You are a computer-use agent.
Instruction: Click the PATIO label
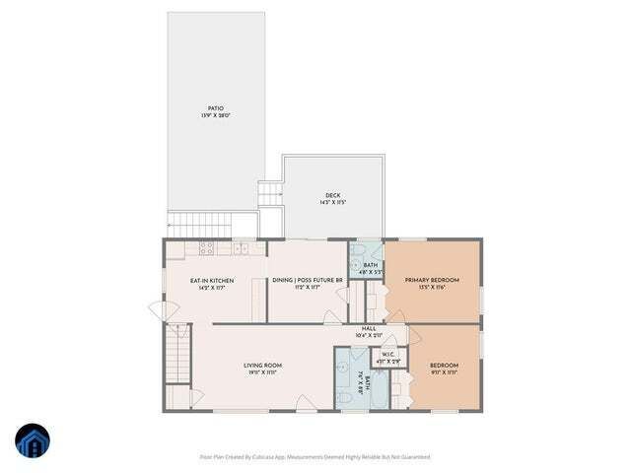pos(215,108)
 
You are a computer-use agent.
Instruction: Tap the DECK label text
pos(333,195)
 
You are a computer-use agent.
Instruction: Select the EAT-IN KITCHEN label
pos(212,281)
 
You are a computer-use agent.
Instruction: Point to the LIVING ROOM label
pos(263,366)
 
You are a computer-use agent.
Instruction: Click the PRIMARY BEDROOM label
pos(432,280)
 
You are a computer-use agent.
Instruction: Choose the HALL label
pos(369,328)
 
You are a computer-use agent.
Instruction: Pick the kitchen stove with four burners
pos(207,250)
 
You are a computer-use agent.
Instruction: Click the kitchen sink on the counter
pos(240,250)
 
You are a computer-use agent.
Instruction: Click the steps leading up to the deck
pos(270,193)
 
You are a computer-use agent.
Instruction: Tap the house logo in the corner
pos(33,440)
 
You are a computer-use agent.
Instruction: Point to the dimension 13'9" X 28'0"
pos(215,116)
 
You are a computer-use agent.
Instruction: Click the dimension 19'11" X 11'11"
pos(263,373)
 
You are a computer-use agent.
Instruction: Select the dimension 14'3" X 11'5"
pos(333,203)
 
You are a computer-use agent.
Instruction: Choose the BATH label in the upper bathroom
pos(370,265)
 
